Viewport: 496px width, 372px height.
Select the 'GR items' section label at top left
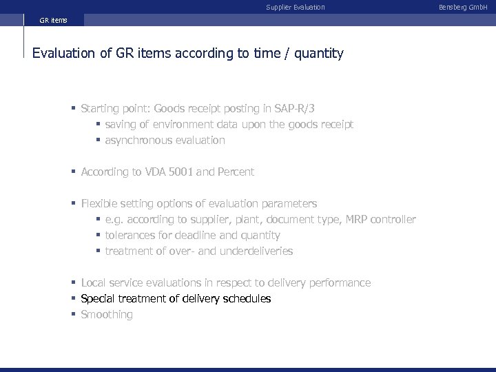tap(53, 21)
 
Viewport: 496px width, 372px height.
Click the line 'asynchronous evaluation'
tap(165, 140)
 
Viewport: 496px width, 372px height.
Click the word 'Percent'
tap(236, 172)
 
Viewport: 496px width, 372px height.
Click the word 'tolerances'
tap(130, 235)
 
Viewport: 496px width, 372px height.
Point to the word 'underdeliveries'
tap(256, 251)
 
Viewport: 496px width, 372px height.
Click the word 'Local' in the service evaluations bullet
tap(94, 282)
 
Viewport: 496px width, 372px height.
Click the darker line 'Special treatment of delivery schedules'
tap(176, 298)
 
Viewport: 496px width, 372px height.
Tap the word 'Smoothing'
tap(107, 314)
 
